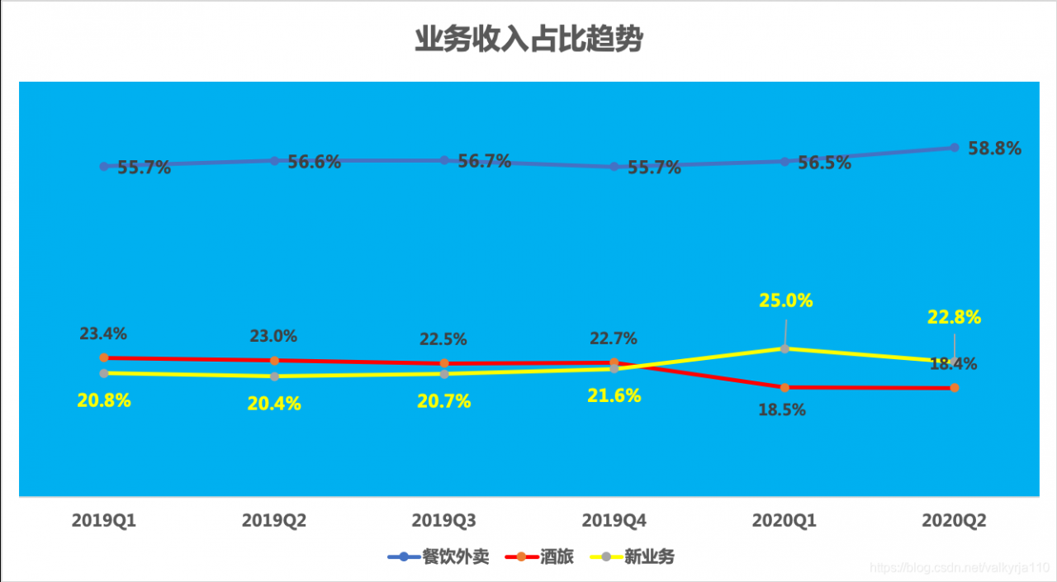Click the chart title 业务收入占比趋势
(528, 39)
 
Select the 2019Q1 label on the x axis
(104, 521)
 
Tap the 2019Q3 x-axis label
(443, 521)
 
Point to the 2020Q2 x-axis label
(954, 521)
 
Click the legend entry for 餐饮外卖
(438, 557)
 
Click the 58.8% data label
(995, 149)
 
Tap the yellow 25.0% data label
(786, 300)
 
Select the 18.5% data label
(782, 409)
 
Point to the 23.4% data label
(103, 334)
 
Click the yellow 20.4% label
(274, 404)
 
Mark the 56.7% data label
(485, 161)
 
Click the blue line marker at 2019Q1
(104, 166)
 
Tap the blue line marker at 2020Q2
(955, 147)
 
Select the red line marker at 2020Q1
(784, 387)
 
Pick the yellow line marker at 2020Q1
(784, 348)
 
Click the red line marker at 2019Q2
(274, 361)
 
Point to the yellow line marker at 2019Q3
(444, 374)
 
